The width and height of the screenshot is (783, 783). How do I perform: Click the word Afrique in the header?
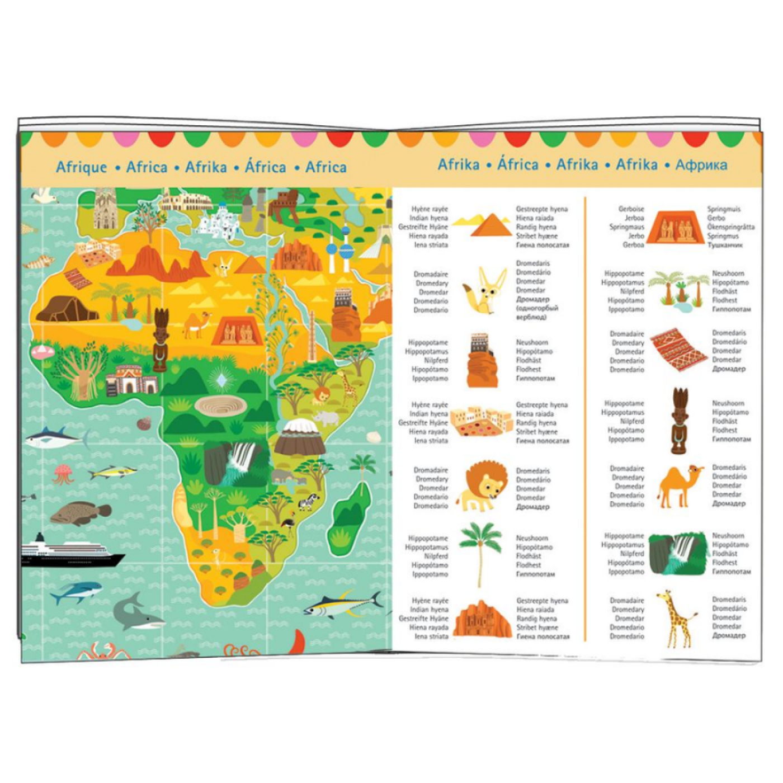point(81,167)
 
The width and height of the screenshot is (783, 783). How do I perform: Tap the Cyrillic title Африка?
point(701,165)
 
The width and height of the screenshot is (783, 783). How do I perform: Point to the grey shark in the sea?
point(137,612)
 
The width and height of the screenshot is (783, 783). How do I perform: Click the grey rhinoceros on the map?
point(325,418)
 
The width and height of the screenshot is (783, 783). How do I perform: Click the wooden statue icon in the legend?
point(679,420)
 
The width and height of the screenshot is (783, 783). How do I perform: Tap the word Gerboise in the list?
point(631,209)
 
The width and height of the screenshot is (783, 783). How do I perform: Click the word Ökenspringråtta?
point(730,227)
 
